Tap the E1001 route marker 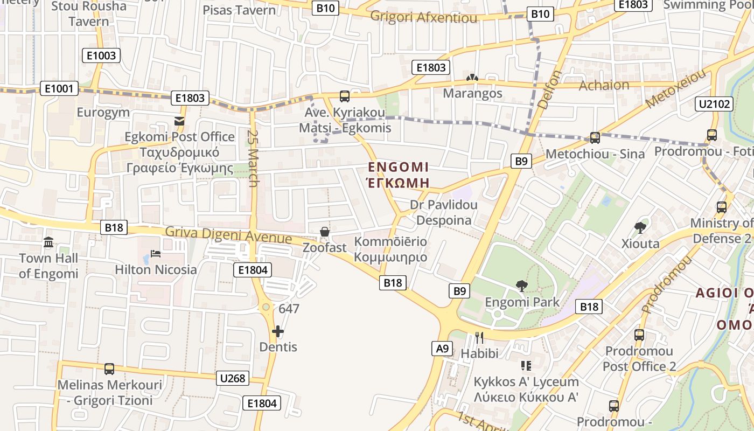click(59, 89)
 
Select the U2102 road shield click(715, 104)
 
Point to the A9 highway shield click(442, 349)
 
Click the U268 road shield click(233, 378)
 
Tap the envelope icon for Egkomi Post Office click(179, 121)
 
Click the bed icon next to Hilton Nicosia click(156, 253)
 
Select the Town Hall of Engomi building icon click(48, 242)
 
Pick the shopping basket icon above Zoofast click(324, 232)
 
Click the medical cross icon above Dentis click(278, 331)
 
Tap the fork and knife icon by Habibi click(479, 338)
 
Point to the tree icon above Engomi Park click(522, 286)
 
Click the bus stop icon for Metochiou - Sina click(595, 138)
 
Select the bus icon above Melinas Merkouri click(109, 369)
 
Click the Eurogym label click(103, 113)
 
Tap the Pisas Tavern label click(239, 10)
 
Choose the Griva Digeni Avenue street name click(228, 235)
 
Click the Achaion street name click(604, 85)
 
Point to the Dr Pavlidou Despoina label click(444, 212)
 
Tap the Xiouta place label click(640, 244)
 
